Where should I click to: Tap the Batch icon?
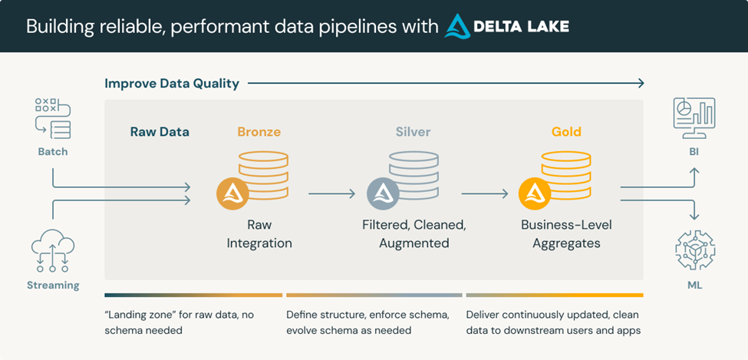52,118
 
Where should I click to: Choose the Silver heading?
413,132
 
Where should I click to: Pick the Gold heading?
566,132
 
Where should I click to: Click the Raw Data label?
160,132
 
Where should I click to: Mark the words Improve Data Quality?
172,83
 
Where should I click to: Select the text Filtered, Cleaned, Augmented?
414,234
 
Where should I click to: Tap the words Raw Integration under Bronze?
259,234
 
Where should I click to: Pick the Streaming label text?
52,286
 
